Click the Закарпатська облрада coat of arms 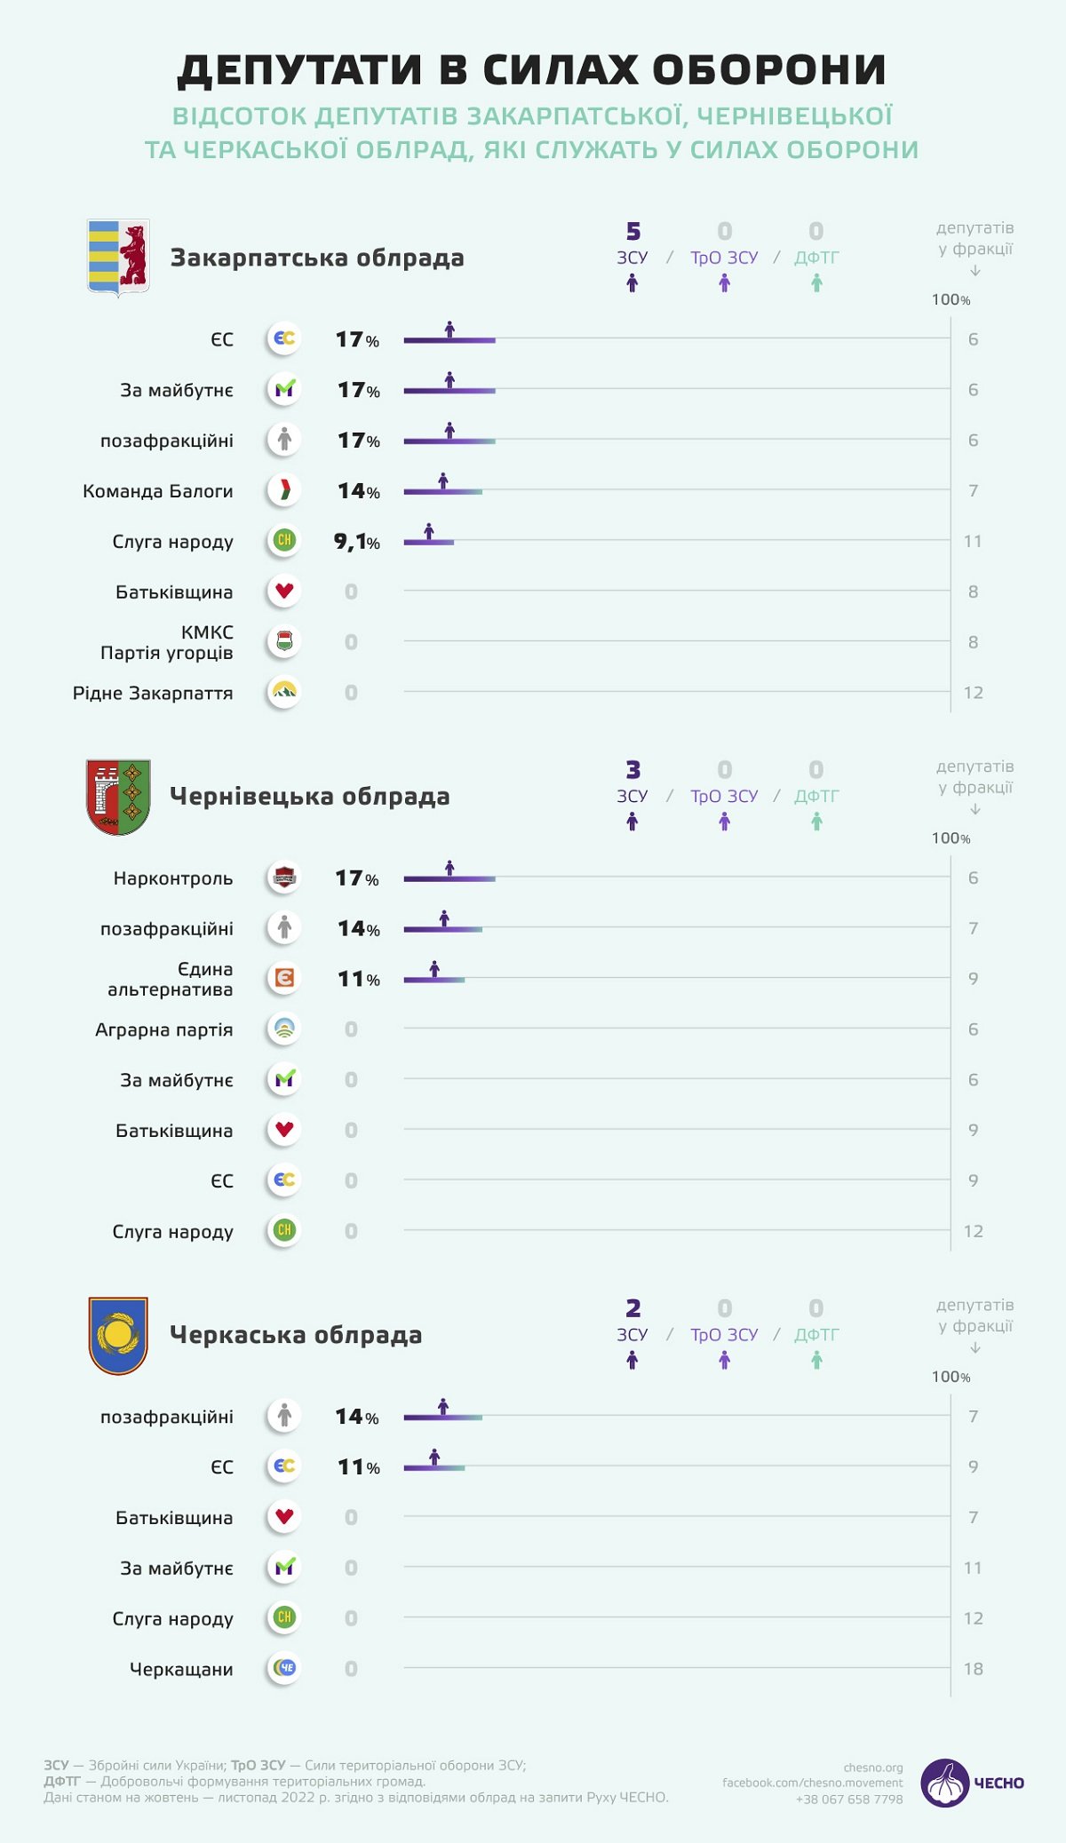click(x=118, y=258)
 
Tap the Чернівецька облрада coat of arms click(x=118, y=797)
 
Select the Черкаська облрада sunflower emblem click(x=118, y=1335)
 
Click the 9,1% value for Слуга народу click(x=356, y=541)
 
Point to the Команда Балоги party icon click(x=284, y=490)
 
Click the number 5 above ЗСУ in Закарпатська click(x=632, y=232)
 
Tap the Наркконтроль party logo click(x=284, y=878)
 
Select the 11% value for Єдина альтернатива click(x=358, y=979)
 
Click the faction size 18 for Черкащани click(x=973, y=1669)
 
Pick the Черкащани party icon click(x=284, y=1668)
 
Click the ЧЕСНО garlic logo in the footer click(x=944, y=1783)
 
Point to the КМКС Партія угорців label click(x=167, y=642)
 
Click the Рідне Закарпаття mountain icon click(x=284, y=692)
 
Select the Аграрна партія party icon click(x=284, y=1029)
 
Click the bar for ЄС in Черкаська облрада click(x=434, y=1467)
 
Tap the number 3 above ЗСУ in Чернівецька click(x=632, y=770)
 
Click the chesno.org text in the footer click(x=872, y=1768)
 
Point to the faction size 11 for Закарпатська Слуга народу click(x=973, y=541)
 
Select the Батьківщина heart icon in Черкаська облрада click(x=284, y=1516)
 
